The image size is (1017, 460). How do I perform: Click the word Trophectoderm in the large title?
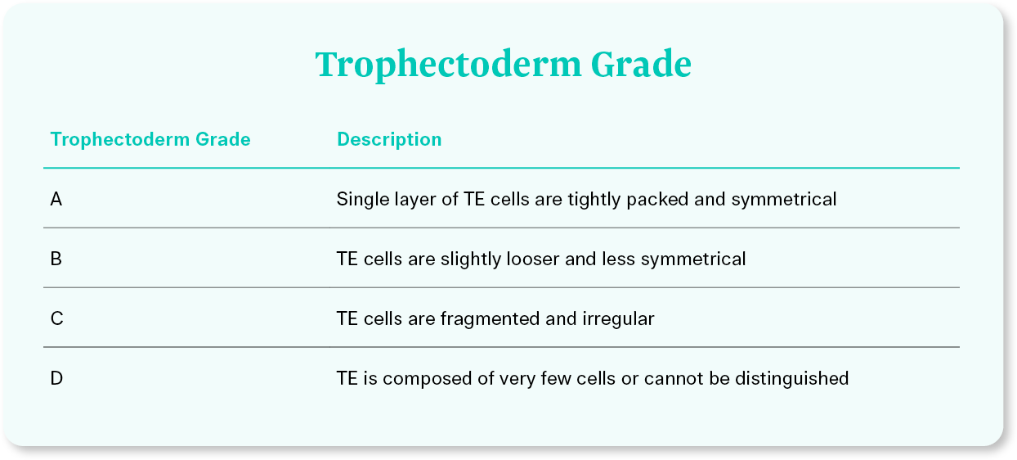(448, 65)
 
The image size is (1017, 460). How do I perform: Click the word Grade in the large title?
(641, 64)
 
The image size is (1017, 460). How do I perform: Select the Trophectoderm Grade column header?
(150, 139)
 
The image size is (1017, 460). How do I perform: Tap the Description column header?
(389, 139)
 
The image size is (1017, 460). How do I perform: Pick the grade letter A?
(56, 199)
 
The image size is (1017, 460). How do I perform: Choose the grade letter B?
(56, 259)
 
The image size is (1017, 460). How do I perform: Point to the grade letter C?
(56, 318)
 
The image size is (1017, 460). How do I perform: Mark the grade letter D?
(56, 378)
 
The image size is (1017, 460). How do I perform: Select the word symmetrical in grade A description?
(784, 200)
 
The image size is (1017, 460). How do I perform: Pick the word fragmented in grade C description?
(491, 319)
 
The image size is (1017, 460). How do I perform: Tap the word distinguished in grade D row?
(792, 379)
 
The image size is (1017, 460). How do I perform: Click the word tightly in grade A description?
(594, 200)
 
